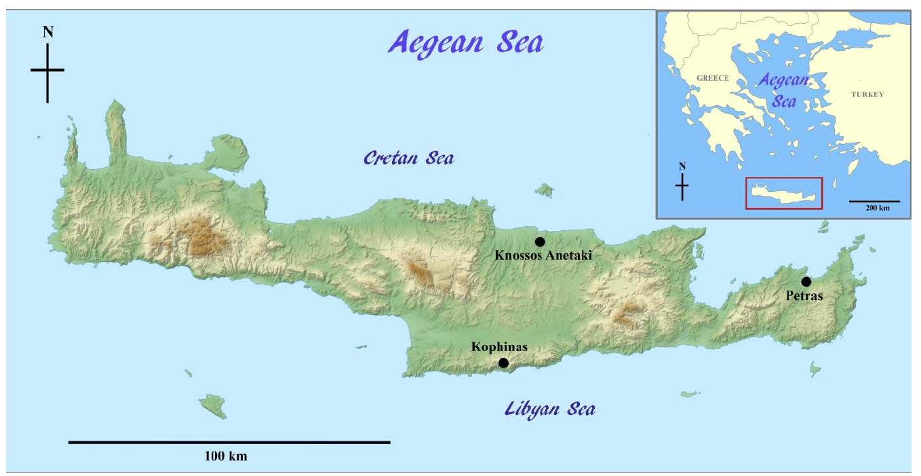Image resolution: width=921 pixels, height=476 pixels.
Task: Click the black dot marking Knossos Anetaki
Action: (x=540, y=242)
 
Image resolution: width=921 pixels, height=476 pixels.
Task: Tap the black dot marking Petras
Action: (x=806, y=282)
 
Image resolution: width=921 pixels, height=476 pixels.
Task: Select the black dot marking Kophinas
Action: (x=503, y=363)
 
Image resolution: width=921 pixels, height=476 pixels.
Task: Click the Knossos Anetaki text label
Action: (x=543, y=256)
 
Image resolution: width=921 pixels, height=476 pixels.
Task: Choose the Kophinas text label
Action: (x=498, y=347)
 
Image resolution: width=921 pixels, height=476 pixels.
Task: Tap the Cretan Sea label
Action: (x=408, y=158)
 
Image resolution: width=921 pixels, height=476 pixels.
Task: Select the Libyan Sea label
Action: (x=549, y=409)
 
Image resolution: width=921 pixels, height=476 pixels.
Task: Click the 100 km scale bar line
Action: (x=229, y=442)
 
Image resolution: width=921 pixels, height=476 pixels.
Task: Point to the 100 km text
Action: (x=226, y=456)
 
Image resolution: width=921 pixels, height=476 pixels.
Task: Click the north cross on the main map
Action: (x=47, y=71)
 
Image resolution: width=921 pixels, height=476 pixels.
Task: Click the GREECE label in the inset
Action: (x=712, y=78)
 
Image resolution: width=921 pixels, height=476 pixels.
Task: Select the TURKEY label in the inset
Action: (x=867, y=94)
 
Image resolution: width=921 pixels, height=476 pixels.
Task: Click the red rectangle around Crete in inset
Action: (x=783, y=193)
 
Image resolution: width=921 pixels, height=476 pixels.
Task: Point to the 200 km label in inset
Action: (x=874, y=208)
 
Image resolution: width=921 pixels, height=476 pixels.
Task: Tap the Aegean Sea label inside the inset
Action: (x=783, y=91)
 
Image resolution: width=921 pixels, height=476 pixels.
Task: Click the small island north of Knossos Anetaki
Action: (x=544, y=190)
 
